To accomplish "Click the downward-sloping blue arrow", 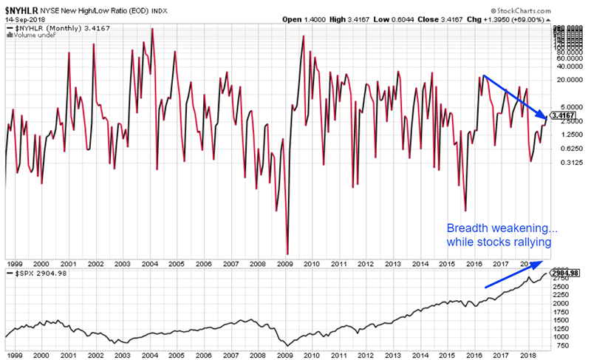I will click(515, 97).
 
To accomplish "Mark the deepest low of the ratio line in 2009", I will click(287, 254).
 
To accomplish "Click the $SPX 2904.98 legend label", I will click(33, 274).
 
